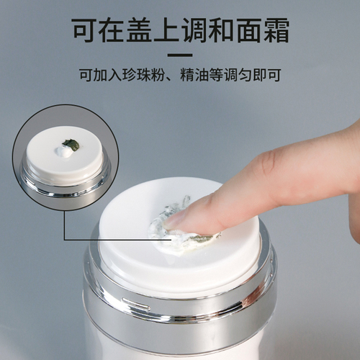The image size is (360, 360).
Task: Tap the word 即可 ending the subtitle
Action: (267, 74)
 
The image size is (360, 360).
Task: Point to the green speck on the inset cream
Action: (68, 143)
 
